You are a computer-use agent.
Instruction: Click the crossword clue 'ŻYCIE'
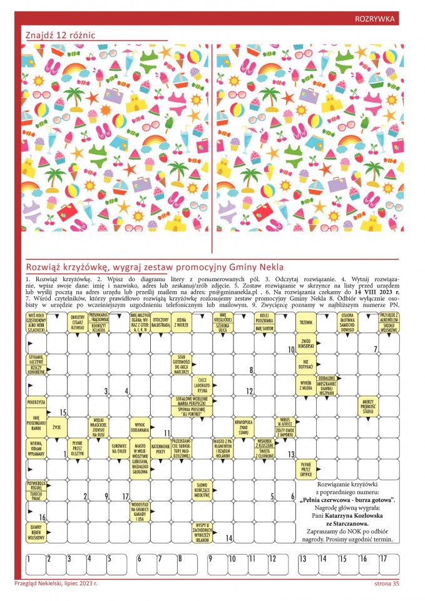click(56, 428)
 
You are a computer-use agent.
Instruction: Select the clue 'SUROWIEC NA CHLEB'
click(119, 448)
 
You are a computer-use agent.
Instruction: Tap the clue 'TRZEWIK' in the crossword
click(306, 322)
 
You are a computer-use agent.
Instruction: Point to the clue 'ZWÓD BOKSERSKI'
click(306, 343)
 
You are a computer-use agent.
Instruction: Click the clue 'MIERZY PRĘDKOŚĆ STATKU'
click(368, 406)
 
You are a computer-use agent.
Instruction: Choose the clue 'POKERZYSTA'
click(36, 401)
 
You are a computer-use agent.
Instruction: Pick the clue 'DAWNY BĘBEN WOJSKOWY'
click(36, 533)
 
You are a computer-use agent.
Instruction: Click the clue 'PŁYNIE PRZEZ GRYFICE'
click(306, 470)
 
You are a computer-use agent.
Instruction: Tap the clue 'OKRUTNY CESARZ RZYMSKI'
click(78, 322)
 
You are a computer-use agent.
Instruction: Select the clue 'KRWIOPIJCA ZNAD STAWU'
click(243, 428)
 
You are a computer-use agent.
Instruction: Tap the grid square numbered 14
click(223, 533)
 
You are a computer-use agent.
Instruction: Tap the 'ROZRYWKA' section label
click(374, 19)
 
